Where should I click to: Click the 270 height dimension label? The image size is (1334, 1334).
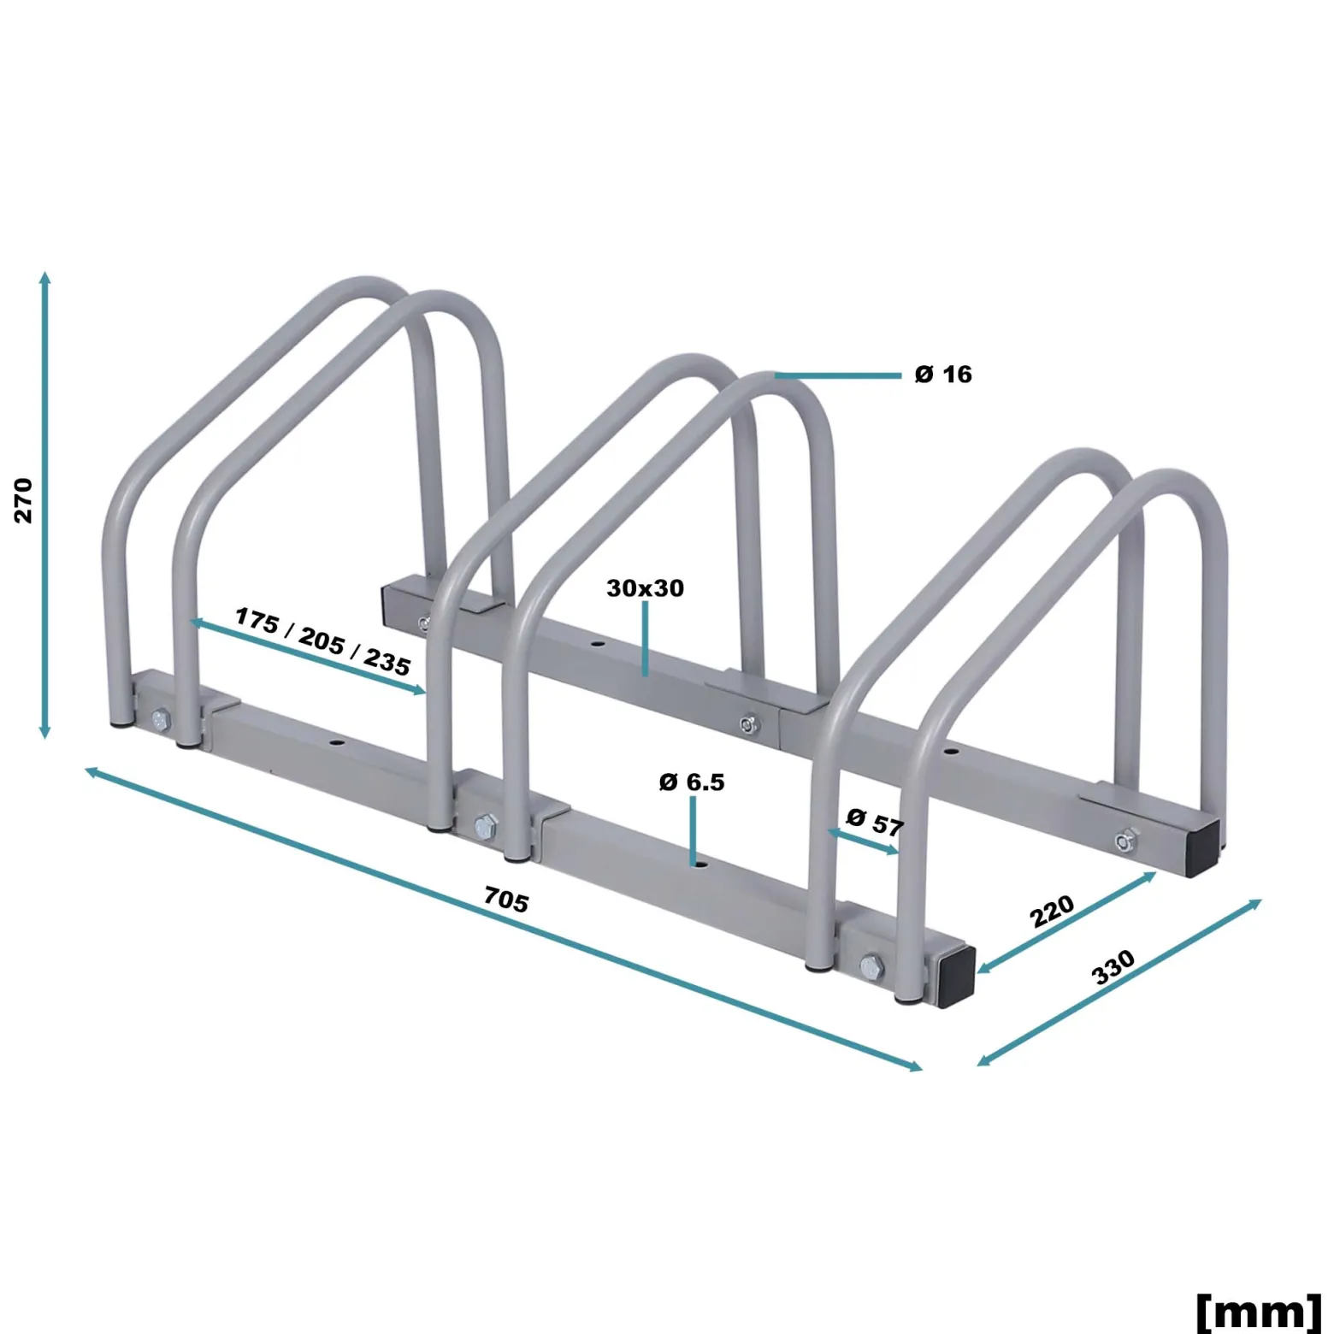click(x=23, y=500)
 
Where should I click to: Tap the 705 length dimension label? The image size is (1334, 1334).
click(x=506, y=899)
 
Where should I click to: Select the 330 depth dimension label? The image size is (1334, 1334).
click(x=1113, y=967)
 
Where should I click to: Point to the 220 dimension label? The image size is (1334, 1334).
click(x=1052, y=911)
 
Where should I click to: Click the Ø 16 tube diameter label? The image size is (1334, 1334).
click(x=943, y=375)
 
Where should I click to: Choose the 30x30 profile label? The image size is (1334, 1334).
click(x=645, y=588)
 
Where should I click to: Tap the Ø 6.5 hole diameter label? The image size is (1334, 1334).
click(x=692, y=782)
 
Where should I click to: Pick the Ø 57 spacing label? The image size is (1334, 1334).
click(x=874, y=822)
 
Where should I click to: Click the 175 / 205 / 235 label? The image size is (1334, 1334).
click(x=322, y=640)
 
